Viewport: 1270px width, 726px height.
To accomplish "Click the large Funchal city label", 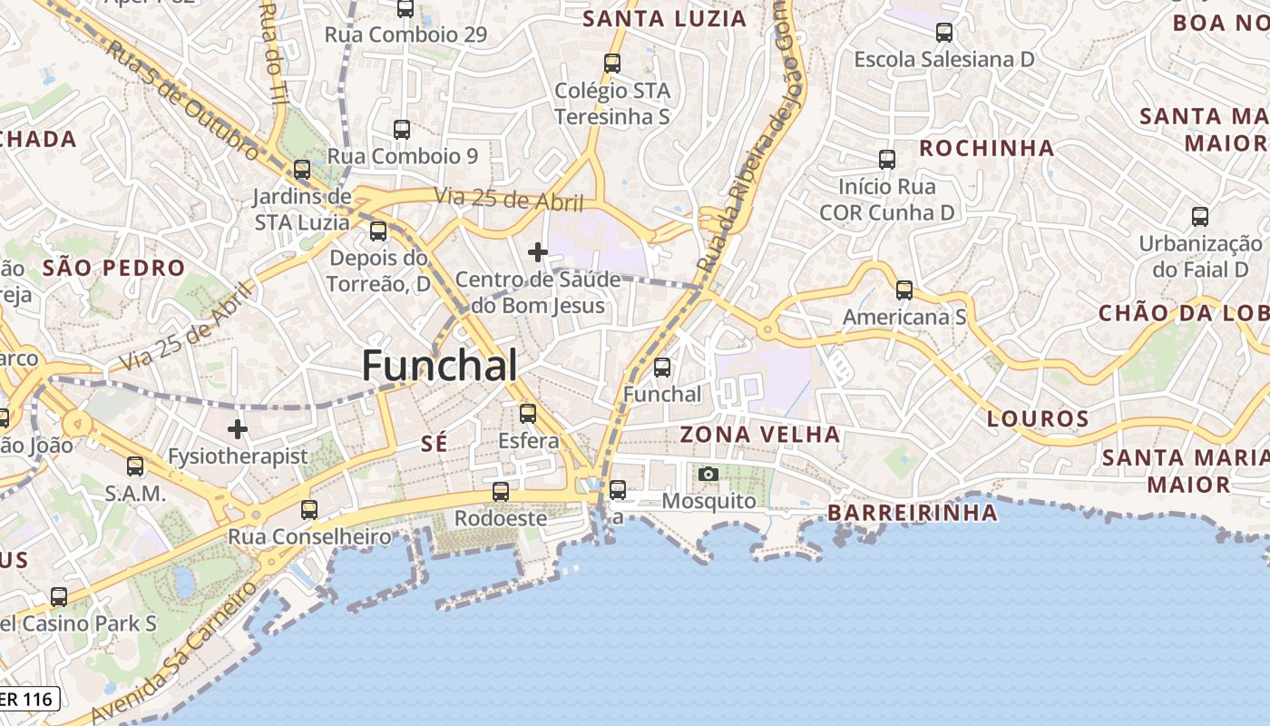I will point(440,366).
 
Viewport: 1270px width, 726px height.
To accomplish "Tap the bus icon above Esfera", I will point(528,414).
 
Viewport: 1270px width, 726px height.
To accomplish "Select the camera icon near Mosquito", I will point(708,474).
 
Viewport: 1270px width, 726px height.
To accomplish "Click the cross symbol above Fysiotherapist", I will point(238,428).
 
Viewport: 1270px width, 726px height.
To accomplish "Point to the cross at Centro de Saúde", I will point(538,251).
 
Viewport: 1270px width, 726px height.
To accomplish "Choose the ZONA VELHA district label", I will point(760,435).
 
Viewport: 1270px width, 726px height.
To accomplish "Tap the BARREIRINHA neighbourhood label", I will point(913,513).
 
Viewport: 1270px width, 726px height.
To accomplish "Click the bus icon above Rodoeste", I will point(500,492).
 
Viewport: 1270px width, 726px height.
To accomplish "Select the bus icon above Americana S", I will point(904,290).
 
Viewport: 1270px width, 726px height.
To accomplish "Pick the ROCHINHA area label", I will point(987,148).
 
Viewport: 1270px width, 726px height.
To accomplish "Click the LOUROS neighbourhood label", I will point(1038,419).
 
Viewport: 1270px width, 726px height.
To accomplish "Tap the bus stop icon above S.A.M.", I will point(135,466).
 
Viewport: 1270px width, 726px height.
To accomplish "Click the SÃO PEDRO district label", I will point(113,268).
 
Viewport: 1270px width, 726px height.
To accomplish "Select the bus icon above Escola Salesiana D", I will point(944,33).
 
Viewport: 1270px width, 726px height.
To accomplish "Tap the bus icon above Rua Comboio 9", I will point(402,130).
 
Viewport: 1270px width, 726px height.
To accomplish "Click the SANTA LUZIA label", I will point(665,19).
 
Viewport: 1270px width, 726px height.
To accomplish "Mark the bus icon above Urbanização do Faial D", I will point(1200,217).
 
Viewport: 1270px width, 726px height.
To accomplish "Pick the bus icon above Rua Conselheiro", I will point(309,510).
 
